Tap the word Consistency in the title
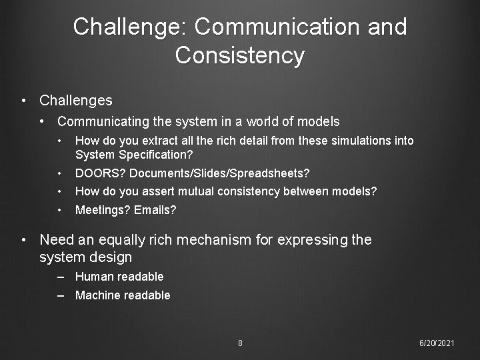tap(239, 55)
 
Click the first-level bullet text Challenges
tap(76, 101)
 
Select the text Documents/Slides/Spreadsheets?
tap(219, 173)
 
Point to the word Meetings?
tap(103, 211)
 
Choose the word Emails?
tap(155, 211)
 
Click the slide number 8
tap(240, 343)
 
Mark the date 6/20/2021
tap(437, 343)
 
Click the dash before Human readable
tap(61, 277)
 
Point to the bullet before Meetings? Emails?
tap(60, 211)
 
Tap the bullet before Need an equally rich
tap(24, 240)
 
